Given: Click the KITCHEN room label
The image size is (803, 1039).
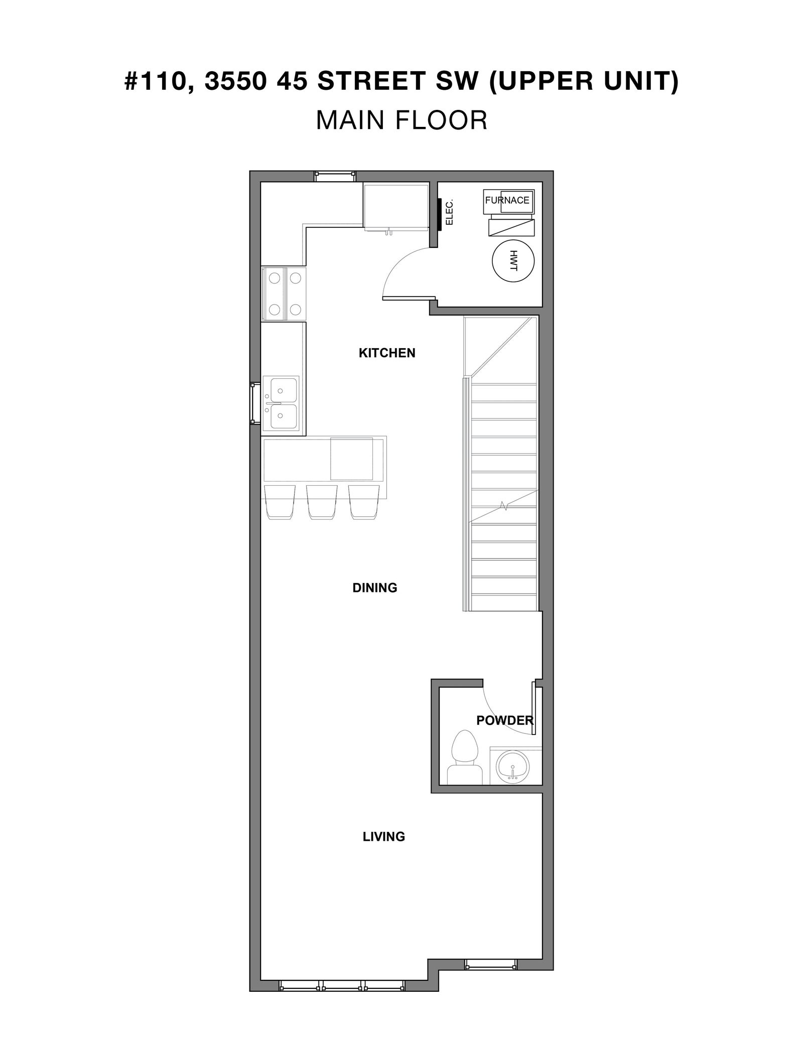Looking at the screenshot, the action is [387, 353].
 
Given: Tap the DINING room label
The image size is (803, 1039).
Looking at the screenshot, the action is [375, 587].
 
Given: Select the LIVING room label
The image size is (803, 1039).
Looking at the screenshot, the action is [384, 836].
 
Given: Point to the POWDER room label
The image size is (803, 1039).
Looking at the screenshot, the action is [504, 720].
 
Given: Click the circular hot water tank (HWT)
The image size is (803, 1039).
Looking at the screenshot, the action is [513, 261].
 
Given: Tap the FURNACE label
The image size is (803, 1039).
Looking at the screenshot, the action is [507, 200].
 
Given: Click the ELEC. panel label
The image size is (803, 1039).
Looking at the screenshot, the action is [450, 212].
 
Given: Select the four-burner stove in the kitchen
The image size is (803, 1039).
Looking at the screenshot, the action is [284, 293].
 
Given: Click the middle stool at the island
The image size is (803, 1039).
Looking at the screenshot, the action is [321, 502].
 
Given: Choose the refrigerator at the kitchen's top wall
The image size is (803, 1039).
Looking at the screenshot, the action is [396, 207].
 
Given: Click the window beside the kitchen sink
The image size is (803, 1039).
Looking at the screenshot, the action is [255, 403].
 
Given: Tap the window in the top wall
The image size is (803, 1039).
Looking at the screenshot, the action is [335, 176].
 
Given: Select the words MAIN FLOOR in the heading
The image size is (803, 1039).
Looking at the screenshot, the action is [401, 120].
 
